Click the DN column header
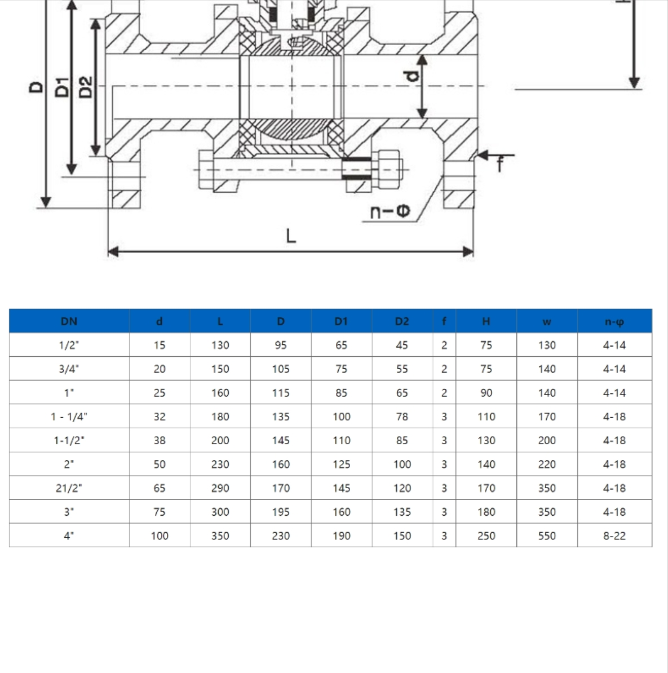(69, 321)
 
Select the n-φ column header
(614, 321)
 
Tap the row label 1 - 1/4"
(69, 417)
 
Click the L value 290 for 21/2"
(220, 488)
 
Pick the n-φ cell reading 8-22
(614, 536)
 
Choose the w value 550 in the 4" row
(547, 536)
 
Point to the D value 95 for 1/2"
(281, 345)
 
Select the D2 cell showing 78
(402, 417)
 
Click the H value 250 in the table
(486, 536)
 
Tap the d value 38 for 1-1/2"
(160, 440)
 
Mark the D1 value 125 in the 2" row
(341, 464)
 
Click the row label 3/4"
(69, 369)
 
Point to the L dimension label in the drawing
(291, 236)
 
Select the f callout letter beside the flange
(499, 165)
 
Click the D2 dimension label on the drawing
(85, 86)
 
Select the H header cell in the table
(486, 321)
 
